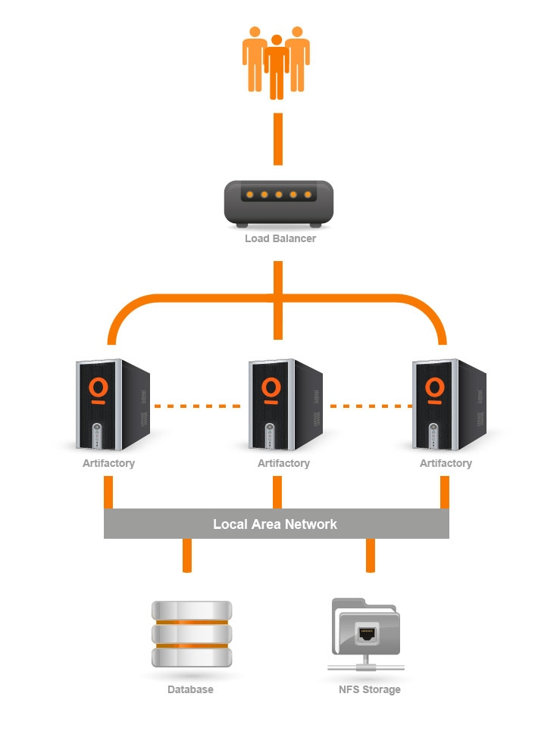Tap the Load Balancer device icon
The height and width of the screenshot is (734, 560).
(x=278, y=204)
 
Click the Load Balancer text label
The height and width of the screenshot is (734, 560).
(x=280, y=238)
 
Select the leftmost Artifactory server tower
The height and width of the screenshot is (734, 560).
(x=112, y=404)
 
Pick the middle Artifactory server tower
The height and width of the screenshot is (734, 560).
(x=284, y=404)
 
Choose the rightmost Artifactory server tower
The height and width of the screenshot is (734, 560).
(x=448, y=404)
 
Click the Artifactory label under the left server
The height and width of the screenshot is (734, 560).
(x=108, y=463)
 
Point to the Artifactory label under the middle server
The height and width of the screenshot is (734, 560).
(x=283, y=463)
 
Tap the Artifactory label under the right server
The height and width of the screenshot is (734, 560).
(x=446, y=463)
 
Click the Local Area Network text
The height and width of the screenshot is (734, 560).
(x=275, y=524)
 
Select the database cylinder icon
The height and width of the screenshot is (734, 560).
(x=191, y=634)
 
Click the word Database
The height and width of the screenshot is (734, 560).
(x=190, y=689)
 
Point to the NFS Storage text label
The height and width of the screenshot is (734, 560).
(x=369, y=689)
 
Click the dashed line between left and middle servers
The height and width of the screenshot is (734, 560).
(x=199, y=406)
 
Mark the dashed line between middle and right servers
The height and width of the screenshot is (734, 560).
(x=369, y=406)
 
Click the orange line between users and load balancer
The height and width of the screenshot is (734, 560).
(x=278, y=139)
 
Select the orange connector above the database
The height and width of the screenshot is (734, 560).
(x=186, y=555)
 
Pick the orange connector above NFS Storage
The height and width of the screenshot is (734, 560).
(x=371, y=555)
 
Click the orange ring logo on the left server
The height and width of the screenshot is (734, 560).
(x=98, y=387)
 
